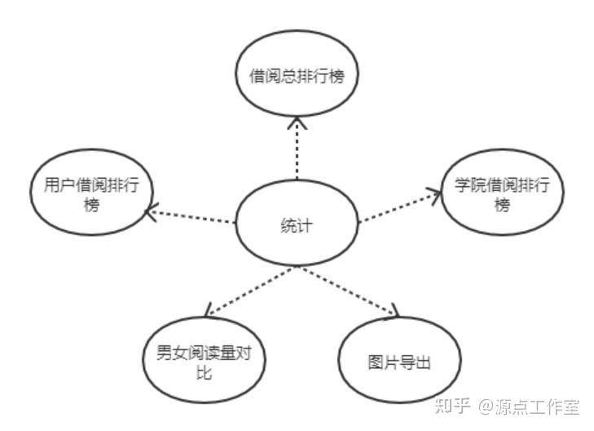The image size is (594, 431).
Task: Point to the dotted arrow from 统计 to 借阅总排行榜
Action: [x=297, y=151]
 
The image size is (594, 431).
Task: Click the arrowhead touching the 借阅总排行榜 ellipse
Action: [x=297, y=122]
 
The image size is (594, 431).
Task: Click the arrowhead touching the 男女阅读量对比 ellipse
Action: [x=209, y=311]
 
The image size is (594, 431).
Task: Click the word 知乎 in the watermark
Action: [x=454, y=406]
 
